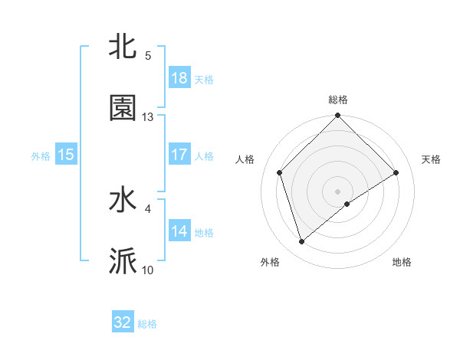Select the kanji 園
click(x=123, y=108)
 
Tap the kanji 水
click(x=123, y=201)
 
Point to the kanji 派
click(x=123, y=261)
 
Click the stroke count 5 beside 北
click(x=148, y=56)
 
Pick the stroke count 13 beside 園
click(x=148, y=117)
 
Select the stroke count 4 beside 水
click(x=148, y=208)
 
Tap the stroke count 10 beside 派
click(x=148, y=270)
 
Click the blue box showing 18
click(x=179, y=78)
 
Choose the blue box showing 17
click(x=179, y=155)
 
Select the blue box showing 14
click(x=179, y=231)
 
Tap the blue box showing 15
click(x=66, y=155)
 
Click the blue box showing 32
click(x=123, y=322)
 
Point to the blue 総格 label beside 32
click(x=147, y=324)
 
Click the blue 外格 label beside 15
click(x=41, y=155)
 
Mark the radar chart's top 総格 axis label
click(x=338, y=100)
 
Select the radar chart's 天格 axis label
click(x=431, y=159)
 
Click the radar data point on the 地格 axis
click(x=347, y=204)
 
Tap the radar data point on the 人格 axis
click(x=280, y=172)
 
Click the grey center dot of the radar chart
click(x=337, y=191)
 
